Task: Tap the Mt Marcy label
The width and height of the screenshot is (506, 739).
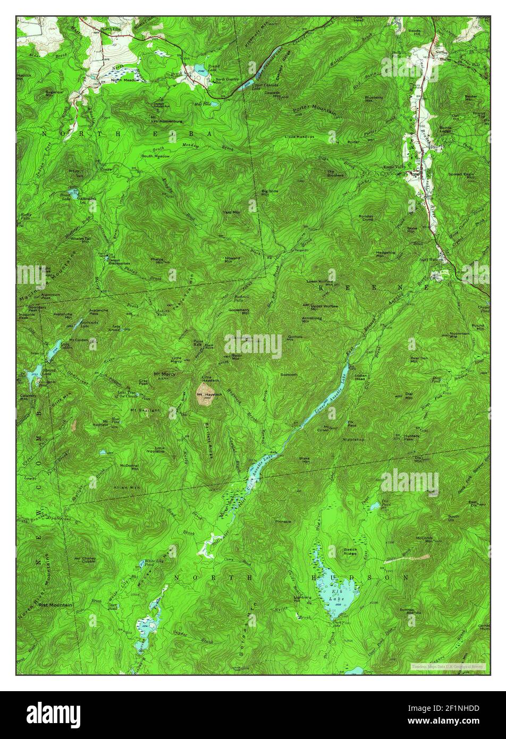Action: [x=164, y=374]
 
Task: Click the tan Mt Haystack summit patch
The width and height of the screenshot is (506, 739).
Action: [x=205, y=395]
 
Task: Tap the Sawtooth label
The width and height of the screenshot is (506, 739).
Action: [x=289, y=374]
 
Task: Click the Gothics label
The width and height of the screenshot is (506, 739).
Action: [x=295, y=336]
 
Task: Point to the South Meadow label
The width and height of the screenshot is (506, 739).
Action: [x=155, y=156]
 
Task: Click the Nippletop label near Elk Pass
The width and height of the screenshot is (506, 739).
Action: [x=353, y=440]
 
